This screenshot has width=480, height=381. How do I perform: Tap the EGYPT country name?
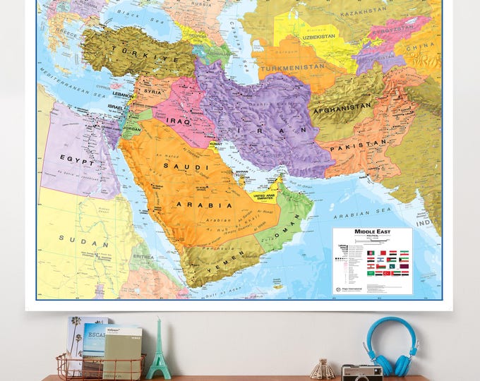pos(73,159)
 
